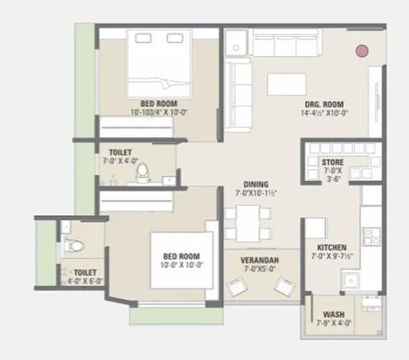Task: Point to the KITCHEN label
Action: [x=332, y=248]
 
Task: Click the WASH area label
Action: [x=333, y=315]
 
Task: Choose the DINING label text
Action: [x=256, y=184]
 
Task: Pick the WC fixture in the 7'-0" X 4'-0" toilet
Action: [x=142, y=172]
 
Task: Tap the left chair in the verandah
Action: [x=235, y=288]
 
